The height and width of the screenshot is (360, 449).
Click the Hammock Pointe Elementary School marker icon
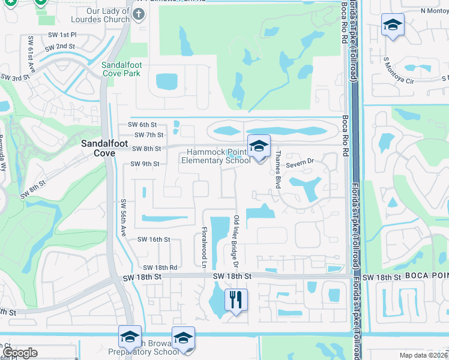click(x=259, y=146)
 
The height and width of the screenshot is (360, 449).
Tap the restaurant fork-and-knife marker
click(x=236, y=299)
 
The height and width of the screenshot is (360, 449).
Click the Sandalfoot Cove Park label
click(x=121, y=69)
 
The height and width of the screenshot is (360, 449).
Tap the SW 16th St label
click(x=154, y=239)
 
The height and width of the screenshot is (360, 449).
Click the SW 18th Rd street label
click(x=160, y=268)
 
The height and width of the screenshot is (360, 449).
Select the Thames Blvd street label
click(x=278, y=170)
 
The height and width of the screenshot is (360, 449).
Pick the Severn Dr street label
click(x=300, y=162)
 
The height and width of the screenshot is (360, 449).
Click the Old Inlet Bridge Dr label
click(x=236, y=242)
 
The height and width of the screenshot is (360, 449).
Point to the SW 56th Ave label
click(x=124, y=218)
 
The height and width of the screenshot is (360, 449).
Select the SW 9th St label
click(x=145, y=164)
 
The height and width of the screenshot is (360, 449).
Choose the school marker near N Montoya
click(x=393, y=25)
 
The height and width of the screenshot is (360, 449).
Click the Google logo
click(x=20, y=353)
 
